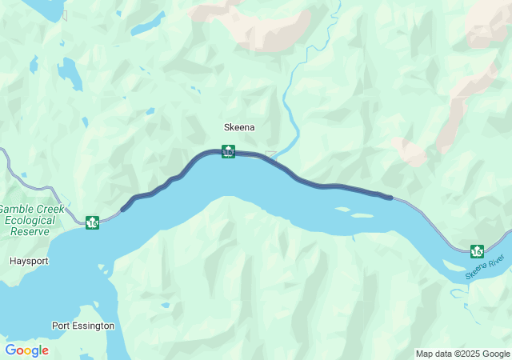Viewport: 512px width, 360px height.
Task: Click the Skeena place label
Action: [x=239, y=126]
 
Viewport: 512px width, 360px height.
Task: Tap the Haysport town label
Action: [x=30, y=261]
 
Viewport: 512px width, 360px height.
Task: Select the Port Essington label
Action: [x=83, y=326]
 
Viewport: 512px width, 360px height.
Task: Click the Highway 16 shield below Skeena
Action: [x=228, y=151]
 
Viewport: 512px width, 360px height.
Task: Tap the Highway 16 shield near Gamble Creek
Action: [x=93, y=222]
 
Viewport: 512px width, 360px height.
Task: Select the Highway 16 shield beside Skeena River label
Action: [x=477, y=251]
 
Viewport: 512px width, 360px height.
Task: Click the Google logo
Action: [x=26, y=350]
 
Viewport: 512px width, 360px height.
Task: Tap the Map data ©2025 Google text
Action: [x=462, y=354]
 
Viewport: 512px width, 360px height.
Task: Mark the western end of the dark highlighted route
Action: [x=122, y=210]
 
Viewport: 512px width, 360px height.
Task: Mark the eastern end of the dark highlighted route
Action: [x=390, y=197]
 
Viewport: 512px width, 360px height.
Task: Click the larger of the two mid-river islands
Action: [x=361, y=215]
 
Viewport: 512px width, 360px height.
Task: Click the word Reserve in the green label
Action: [x=30, y=231]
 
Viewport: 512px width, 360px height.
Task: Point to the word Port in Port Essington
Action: [x=61, y=326]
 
